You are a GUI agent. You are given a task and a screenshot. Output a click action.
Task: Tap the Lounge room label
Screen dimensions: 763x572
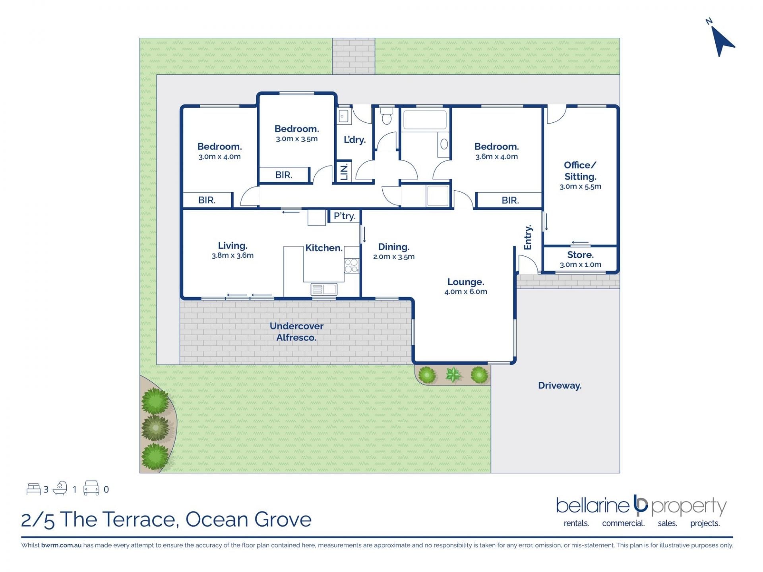(x=466, y=282)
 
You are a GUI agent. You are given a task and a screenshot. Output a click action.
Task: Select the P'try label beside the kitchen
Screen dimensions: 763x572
(x=345, y=216)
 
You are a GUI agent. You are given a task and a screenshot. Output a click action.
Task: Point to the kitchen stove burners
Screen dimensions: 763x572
(x=351, y=265)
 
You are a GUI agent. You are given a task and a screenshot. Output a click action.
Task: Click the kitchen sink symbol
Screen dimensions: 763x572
(x=324, y=289)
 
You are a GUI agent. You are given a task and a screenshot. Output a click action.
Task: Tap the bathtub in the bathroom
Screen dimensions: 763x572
(x=425, y=120)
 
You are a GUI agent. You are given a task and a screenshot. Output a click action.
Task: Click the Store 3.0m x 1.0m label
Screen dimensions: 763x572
(x=581, y=259)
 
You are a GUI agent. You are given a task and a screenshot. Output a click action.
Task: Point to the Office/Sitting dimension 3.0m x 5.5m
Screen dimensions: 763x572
(x=581, y=187)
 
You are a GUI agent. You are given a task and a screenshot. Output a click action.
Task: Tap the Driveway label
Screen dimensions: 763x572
(x=560, y=385)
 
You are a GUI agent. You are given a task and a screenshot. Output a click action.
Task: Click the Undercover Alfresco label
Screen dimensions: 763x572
(x=296, y=332)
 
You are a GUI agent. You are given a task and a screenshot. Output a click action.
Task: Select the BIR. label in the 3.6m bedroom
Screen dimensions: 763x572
(x=510, y=201)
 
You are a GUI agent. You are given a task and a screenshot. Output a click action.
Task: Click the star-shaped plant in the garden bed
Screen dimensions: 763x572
(x=453, y=375)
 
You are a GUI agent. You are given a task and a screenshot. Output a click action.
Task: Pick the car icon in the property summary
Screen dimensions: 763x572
(x=91, y=488)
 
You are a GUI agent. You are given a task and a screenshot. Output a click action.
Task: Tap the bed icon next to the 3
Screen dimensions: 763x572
(x=33, y=489)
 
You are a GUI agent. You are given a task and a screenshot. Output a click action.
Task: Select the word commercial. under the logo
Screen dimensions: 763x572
(x=623, y=524)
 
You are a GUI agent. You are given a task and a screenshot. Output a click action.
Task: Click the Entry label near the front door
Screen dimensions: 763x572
(x=528, y=238)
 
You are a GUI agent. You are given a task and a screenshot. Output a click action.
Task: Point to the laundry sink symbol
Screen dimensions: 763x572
(x=343, y=116)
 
